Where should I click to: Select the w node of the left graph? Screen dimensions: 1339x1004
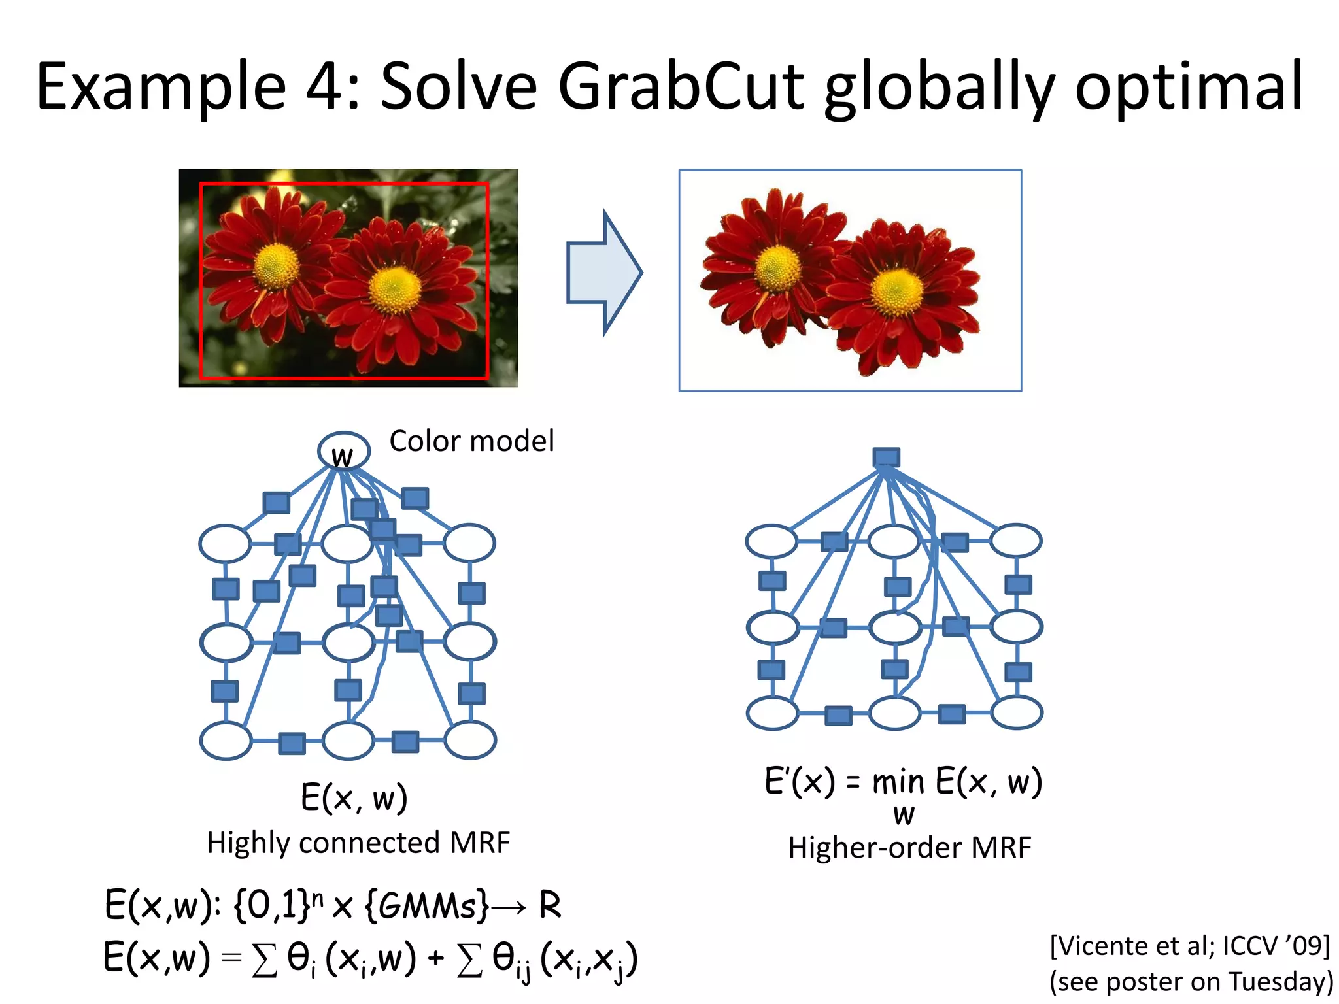pos(343,452)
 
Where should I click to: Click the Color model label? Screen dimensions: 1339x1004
pos(471,441)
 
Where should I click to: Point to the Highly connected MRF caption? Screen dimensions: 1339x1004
pos(358,843)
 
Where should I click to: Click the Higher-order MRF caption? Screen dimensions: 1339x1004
pos(909,848)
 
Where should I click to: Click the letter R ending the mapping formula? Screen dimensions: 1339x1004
pos(549,905)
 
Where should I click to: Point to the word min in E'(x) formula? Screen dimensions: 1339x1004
pos(898,782)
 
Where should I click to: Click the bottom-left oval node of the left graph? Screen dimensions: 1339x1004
pos(226,741)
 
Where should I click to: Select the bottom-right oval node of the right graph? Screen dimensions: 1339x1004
pos(1017,712)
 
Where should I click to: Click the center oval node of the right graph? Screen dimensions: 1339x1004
pos(894,627)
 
